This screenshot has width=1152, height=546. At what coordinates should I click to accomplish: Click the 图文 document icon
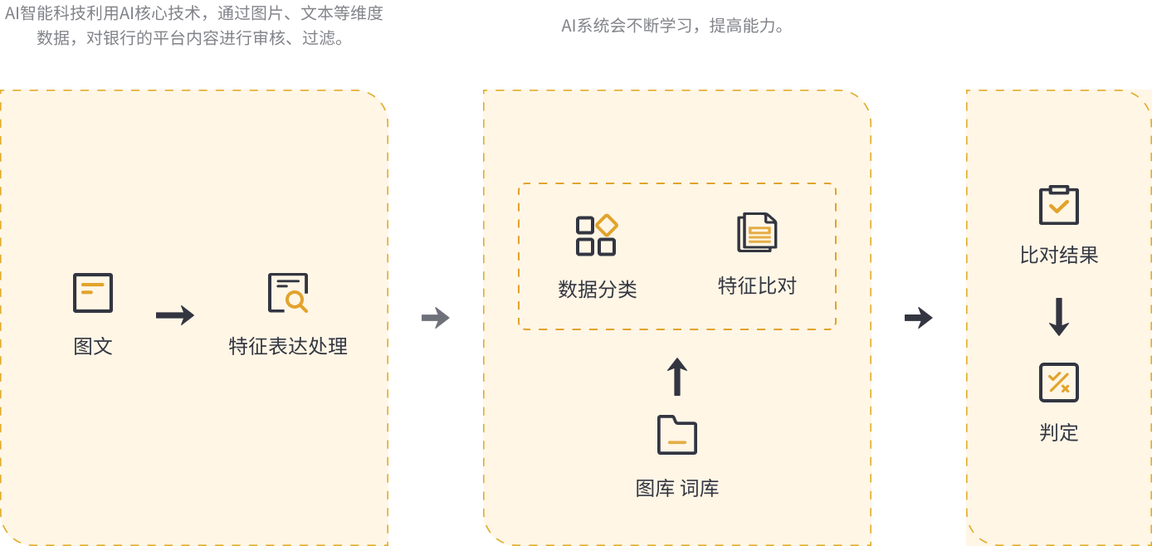coord(93,293)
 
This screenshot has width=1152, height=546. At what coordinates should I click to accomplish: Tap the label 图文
coord(93,346)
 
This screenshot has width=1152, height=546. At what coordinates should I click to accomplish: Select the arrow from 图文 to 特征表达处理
coord(175,315)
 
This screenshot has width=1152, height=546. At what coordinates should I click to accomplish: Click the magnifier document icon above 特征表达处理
coord(288,293)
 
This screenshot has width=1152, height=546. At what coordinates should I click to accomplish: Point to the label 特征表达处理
coord(288,346)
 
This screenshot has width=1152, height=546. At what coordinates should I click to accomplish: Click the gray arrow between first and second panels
coord(436,318)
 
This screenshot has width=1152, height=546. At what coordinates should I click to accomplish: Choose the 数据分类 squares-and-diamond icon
coord(597,235)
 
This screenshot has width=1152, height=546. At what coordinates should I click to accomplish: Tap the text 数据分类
coord(597,290)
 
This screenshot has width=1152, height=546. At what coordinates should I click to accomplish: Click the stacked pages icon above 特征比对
coord(757,232)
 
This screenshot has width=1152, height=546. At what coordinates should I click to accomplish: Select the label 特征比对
coord(757,285)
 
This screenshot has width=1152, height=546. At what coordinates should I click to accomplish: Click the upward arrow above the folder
coord(676,377)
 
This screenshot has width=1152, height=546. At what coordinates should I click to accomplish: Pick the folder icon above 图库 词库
coord(676,435)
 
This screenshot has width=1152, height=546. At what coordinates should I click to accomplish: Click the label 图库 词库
coord(676,489)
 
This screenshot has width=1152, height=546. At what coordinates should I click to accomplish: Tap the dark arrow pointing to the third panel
coord(919,318)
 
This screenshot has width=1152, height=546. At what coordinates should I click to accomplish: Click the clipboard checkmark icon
coord(1059,205)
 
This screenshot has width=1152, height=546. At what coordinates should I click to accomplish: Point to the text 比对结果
coord(1059,255)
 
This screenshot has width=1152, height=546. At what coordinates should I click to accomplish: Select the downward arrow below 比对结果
coord(1059,317)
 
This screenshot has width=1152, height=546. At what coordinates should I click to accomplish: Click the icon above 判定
coord(1059,383)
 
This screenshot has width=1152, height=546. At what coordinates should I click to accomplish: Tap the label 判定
coord(1059,433)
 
